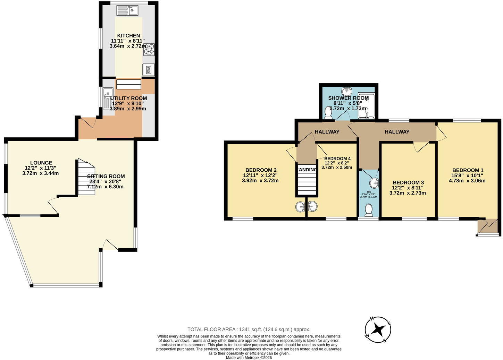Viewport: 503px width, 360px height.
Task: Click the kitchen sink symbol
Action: click(x=127, y=11)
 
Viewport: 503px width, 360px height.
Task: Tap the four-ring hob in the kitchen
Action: click(x=149, y=49)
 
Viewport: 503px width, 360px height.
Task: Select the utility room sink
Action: click(x=107, y=97)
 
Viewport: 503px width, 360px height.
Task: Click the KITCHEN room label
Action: click(x=128, y=35)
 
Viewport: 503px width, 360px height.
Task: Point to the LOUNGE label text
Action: click(x=41, y=163)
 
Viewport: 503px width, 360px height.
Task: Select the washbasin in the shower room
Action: click(x=346, y=92)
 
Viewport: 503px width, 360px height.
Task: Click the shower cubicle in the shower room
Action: click(x=366, y=105)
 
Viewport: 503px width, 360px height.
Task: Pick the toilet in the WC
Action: click(x=369, y=210)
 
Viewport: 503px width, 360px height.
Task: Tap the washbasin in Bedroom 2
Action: click(x=301, y=207)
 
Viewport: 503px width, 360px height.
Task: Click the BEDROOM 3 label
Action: click(x=408, y=182)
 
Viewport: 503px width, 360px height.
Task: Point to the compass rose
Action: click(x=378, y=329)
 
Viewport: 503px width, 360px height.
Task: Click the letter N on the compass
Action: click(x=371, y=318)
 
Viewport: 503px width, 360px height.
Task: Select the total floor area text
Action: click(x=249, y=329)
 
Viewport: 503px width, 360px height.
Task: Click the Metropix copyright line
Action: click(x=249, y=357)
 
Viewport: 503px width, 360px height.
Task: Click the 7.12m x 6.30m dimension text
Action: click(x=105, y=187)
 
